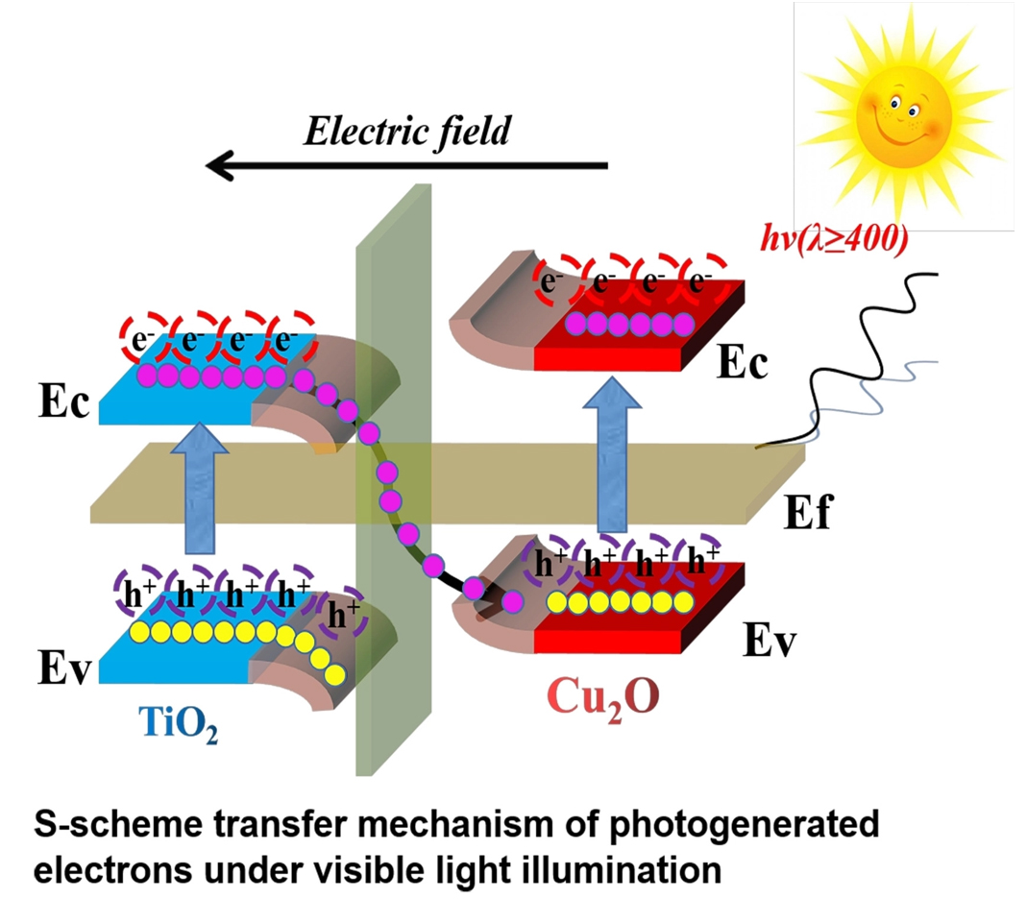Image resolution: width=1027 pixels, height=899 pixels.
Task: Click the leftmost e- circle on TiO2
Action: [x=145, y=337]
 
